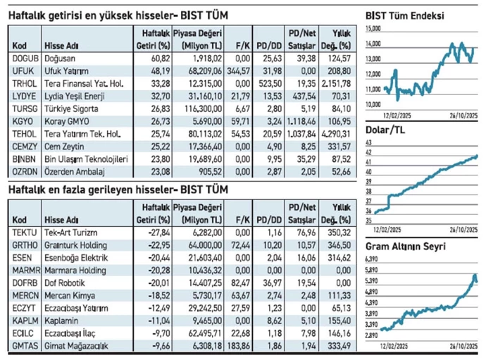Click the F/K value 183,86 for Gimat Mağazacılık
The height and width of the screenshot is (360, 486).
tap(238, 345)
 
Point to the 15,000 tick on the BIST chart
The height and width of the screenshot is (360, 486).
tap(373, 28)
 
